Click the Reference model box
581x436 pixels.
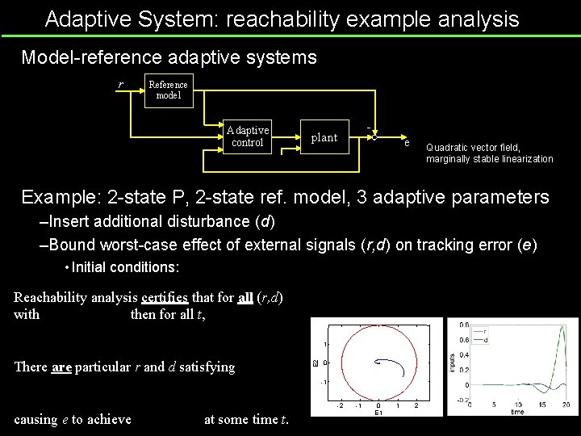click(168, 90)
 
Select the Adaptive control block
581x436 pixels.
click(248, 136)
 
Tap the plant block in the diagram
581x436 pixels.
click(324, 137)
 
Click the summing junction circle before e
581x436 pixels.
click(374, 137)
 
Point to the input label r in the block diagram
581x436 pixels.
click(121, 85)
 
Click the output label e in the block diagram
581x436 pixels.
click(408, 144)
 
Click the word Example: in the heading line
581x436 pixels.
click(59, 197)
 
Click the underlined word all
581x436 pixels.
click(246, 297)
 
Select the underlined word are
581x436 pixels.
click(61, 367)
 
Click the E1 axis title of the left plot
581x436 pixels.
click(378, 412)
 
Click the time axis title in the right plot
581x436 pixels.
click(516, 412)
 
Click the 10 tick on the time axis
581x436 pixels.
click(516, 404)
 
